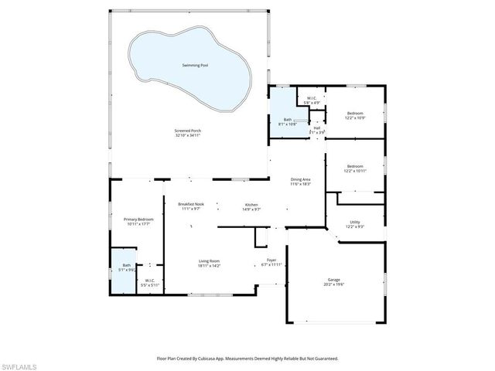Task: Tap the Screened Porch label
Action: pos(189,132)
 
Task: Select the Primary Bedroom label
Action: pos(139,221)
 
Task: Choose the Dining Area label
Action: pos(300,182)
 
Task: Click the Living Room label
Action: pos(209,263)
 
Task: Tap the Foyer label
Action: pos(271,262)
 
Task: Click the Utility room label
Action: pos(354,224)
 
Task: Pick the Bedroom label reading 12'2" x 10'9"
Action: pos(354,115)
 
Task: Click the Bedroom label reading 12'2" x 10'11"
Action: pos(355,168)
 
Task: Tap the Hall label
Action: pos(317,130)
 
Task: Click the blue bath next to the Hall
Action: pos(288,121)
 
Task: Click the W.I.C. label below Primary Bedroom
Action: pos(149,283)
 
